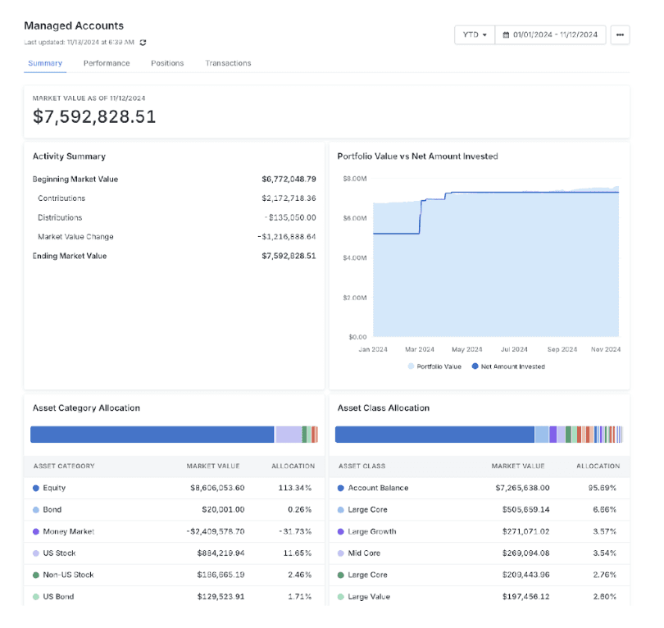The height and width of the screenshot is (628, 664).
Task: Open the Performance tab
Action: tap(107, 63)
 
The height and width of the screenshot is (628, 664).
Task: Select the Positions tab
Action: tap(167, 63)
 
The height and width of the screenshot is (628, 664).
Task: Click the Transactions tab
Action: tap(228, 63)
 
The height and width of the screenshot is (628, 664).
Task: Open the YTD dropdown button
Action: tap(475, 34)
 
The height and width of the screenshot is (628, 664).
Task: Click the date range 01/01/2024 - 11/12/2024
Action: tap(551, 34)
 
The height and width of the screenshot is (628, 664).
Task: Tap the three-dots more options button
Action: tap(620, 34)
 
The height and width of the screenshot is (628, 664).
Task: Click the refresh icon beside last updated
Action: tap(143, 42)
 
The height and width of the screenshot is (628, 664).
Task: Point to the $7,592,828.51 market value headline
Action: tap(94, 117)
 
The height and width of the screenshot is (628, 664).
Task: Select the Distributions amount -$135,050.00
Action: tap(290, 218)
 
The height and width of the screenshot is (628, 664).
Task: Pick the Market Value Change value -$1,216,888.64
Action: tap(286, 237)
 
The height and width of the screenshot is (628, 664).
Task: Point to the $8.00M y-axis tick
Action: tap(354, 178)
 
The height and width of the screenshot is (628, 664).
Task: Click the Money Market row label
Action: tap(68, 531)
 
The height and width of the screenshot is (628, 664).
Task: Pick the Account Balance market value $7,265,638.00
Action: tap(518, 488)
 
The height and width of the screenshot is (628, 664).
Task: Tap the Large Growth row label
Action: tap(371, 531)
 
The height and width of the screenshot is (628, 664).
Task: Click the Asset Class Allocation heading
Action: tap(383, 407)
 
